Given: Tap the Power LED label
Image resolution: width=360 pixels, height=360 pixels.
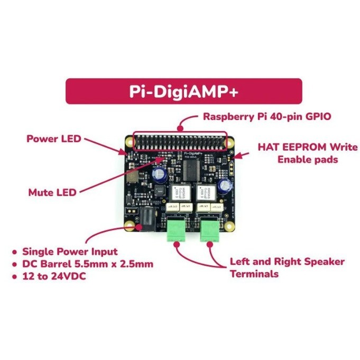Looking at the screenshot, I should pos(54,139).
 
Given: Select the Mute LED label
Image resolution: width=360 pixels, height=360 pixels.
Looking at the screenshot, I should pos(52,192).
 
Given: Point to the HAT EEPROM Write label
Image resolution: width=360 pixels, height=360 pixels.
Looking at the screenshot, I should pos(300,146).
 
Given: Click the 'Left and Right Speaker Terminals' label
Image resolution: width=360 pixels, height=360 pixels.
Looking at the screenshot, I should pos(287,267).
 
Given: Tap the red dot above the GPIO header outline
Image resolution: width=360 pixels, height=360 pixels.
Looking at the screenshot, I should pos(181,127).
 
